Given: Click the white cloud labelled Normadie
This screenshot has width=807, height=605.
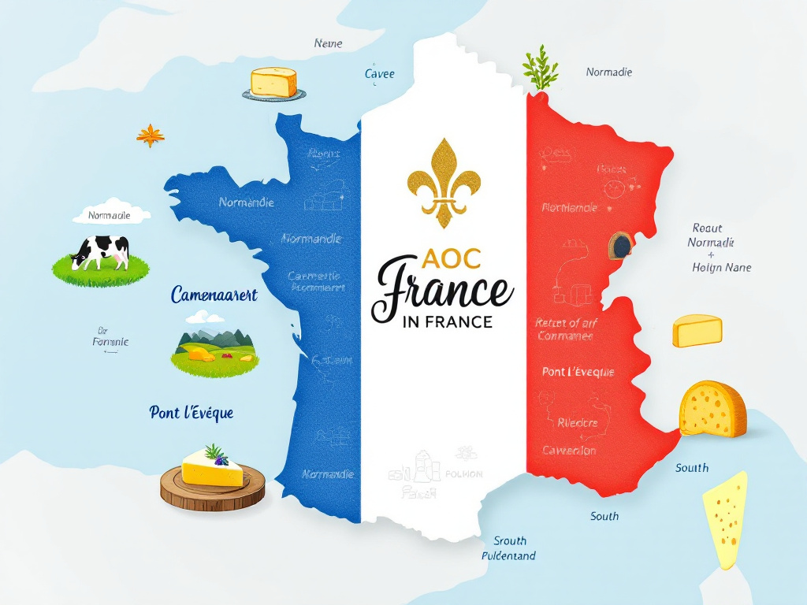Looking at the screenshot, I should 110,215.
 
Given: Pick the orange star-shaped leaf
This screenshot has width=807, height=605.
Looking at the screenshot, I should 150,135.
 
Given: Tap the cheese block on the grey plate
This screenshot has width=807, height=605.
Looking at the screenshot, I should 273,83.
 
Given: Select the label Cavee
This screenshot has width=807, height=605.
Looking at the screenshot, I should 379,74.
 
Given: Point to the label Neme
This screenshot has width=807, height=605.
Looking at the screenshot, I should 328,43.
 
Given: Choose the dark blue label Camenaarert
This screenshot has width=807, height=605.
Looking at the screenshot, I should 214,295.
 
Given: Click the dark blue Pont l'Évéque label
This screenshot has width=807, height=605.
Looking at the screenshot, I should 192,412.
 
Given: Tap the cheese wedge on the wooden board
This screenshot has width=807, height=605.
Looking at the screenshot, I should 212,468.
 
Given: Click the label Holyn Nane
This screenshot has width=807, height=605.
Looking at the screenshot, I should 721,267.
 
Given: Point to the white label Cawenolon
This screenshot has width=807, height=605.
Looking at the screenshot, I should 569,451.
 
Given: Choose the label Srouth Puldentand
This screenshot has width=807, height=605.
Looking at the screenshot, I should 509,548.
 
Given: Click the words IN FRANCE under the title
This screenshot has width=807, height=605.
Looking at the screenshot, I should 446,321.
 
